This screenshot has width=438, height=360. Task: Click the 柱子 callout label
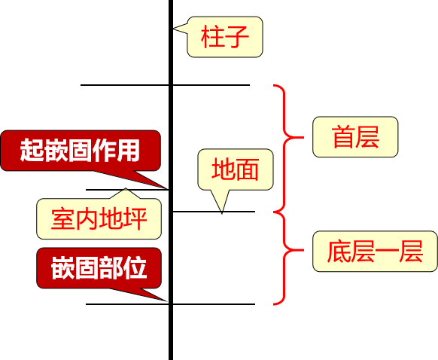coord(225,37)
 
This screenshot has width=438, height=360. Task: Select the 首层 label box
coord(354,137)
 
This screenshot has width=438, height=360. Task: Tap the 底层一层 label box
coord(375,251)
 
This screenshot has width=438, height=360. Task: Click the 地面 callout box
coord(235,169)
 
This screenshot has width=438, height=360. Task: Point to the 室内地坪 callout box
coord(99,218)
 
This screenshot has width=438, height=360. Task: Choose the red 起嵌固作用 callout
coord(81,150)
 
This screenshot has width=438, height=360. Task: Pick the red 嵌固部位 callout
coord(99,267)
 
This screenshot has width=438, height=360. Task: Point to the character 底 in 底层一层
coord(338,251)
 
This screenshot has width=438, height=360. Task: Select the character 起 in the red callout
coord(32,150)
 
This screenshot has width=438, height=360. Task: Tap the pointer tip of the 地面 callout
coord(221,213)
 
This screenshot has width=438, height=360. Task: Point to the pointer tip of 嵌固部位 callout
coord(167,301)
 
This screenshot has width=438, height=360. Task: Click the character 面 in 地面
coord(247,169)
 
